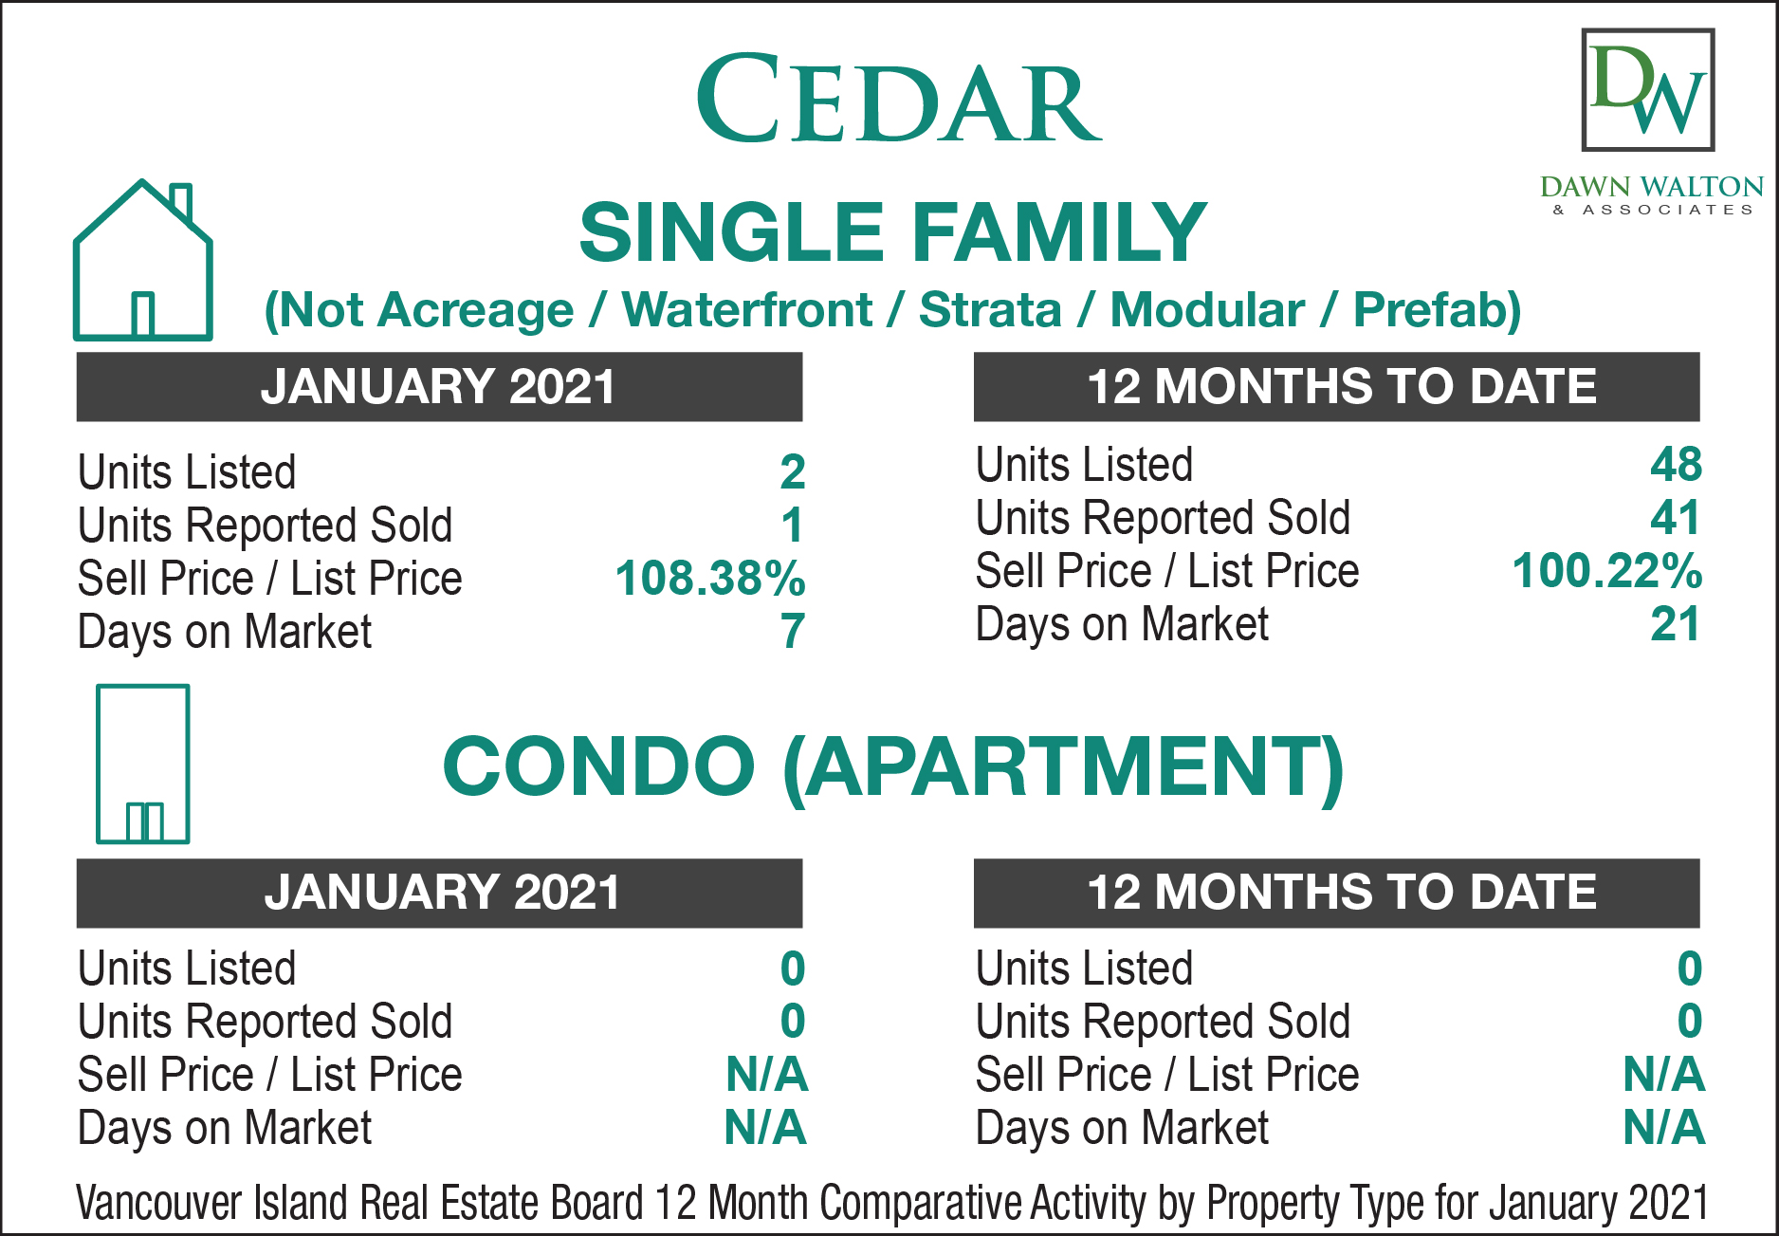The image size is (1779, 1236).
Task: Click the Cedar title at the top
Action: pyautogui.click(x=898, y=99)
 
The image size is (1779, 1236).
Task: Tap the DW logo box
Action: pyautogui.click(x=1648, y=90)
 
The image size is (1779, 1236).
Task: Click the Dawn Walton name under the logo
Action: pyautogui.click(x=1651, y=187)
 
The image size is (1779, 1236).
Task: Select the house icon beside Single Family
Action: pyautogui.click(x=142, y=259)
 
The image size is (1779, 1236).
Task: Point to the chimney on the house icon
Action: pyautogui.click(x=180, y=202)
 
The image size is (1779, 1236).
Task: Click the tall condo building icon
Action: pyautogui.click(x=142, y=764)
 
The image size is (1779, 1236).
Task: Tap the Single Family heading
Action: pyautogui.click(x=892, y=232)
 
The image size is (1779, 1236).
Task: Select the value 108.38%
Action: pyautogui.click(x=709, y=578)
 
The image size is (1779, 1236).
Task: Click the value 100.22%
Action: pyautogui.click(x=1606, y=571)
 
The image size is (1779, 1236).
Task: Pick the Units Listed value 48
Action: pyautogui.click(x=1676, y=465)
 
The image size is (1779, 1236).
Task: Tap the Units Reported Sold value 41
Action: pyautogui.click(x=1676, y=518)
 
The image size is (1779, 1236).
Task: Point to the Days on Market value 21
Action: pyautogui.click(x=1676, y=624)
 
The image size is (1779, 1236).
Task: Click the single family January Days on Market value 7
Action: pyautogui.click(x=793, y=631)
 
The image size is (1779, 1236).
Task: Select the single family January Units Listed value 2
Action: pyautogui.click(x=793, y=471)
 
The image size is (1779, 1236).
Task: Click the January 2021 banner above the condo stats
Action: pyautogui.click(x=439, y=893)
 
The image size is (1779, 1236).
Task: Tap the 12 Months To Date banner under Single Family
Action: pyautogui.click(x=1336, y=387)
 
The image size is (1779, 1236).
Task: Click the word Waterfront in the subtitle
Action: pyautogui.click(x=746, y=310)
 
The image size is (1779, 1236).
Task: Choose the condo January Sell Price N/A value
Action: pyautogui.click(x=766, y=1075)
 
